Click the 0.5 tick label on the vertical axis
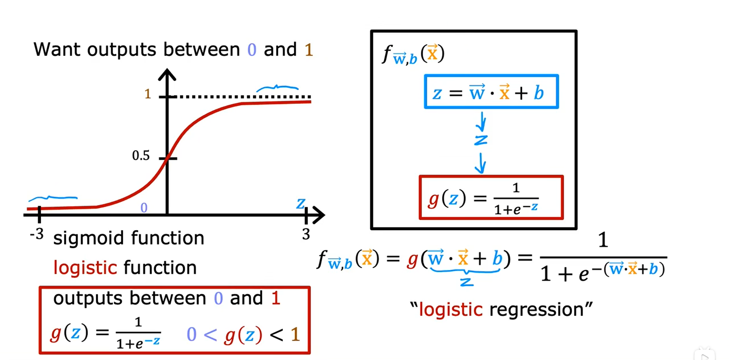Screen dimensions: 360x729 [x=141, y=155]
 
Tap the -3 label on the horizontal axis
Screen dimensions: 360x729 [x=36, y=234]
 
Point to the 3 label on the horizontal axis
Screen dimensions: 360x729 [x=306, y=234]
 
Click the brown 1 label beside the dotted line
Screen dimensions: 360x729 [x=148, y=94]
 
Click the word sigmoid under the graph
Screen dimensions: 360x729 [x=88, y=238]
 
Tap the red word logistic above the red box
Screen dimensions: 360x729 [x=85, y=268]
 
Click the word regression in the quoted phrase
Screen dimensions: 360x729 [x=536, y=309]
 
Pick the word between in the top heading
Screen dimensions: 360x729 [x=201, y=49]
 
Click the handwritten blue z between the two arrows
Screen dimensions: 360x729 [x=481, y=140]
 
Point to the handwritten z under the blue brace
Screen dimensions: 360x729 [x=467, y=282]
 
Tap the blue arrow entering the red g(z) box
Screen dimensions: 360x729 [x=481, y=163]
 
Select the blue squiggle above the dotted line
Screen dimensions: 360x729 [x=277, y=88]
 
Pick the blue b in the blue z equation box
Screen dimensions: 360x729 [x=539, y=93]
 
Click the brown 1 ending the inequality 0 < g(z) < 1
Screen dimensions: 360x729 [x=295, y=335]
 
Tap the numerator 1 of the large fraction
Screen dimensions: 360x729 [x=603, y=240]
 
